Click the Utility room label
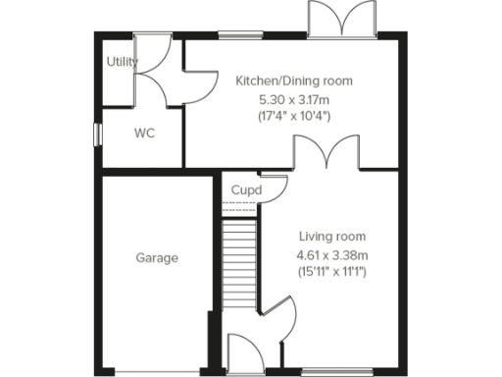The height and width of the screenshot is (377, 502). [x=123, y=62]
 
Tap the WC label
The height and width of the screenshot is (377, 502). [x=143, y=133]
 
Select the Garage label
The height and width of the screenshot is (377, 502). [x=157, y=258]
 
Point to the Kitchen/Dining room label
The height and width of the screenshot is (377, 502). [x=293, y=81]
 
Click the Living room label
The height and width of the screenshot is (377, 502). [x=330, y=236]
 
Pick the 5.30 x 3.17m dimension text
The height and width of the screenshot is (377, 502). [x=293, y=99]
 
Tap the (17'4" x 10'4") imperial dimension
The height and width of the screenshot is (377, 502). [x=293, y=117]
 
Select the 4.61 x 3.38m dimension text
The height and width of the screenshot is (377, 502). [x=330, y=254]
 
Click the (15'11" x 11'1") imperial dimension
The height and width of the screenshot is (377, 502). [x=330, y=272]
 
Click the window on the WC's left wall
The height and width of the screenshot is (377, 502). [x=96, y=134]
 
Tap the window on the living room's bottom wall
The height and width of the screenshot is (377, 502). [x=329, y=370]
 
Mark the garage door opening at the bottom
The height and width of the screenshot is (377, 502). [x=153, y=371]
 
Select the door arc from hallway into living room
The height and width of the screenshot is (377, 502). [x=280, y=321]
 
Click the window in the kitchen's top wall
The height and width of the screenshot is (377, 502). [x=231, y=37]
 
